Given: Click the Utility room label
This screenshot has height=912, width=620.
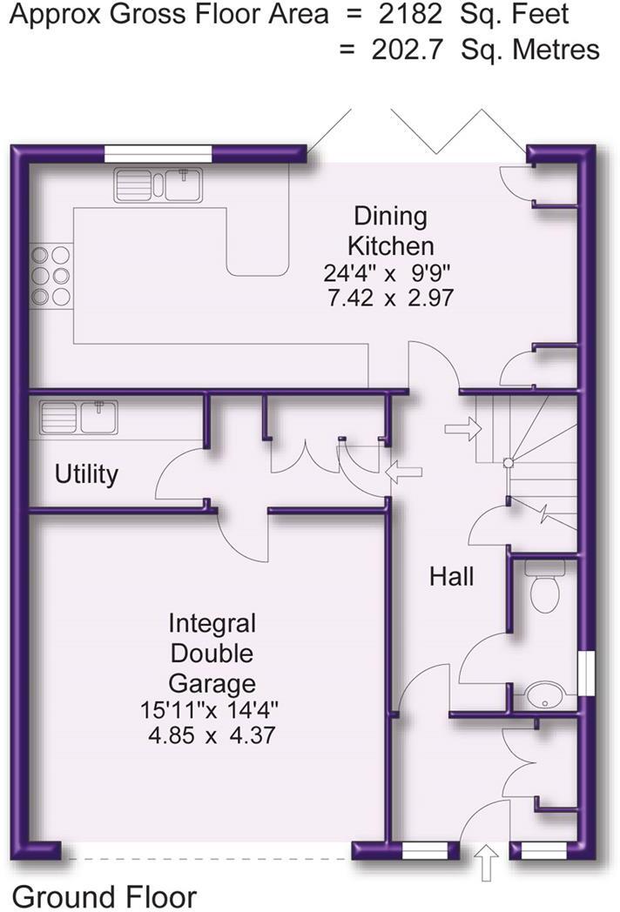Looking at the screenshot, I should (86, 474).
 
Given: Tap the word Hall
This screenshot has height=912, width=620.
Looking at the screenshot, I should (451, 576).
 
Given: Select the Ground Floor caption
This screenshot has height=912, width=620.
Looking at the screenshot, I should (104, 895).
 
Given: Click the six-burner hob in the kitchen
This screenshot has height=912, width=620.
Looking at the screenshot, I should (51, 276).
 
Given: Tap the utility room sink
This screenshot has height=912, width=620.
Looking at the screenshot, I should (78, 417).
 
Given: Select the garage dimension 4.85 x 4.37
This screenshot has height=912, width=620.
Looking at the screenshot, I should (212, 734).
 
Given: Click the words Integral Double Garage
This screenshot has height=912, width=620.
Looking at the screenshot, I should (212, 653).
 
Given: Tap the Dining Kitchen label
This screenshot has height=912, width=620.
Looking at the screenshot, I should (388, 229).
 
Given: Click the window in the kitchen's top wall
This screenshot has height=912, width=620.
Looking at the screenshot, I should (158, 153).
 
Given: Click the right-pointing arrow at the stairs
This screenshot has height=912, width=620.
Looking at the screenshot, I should (462, 428).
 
